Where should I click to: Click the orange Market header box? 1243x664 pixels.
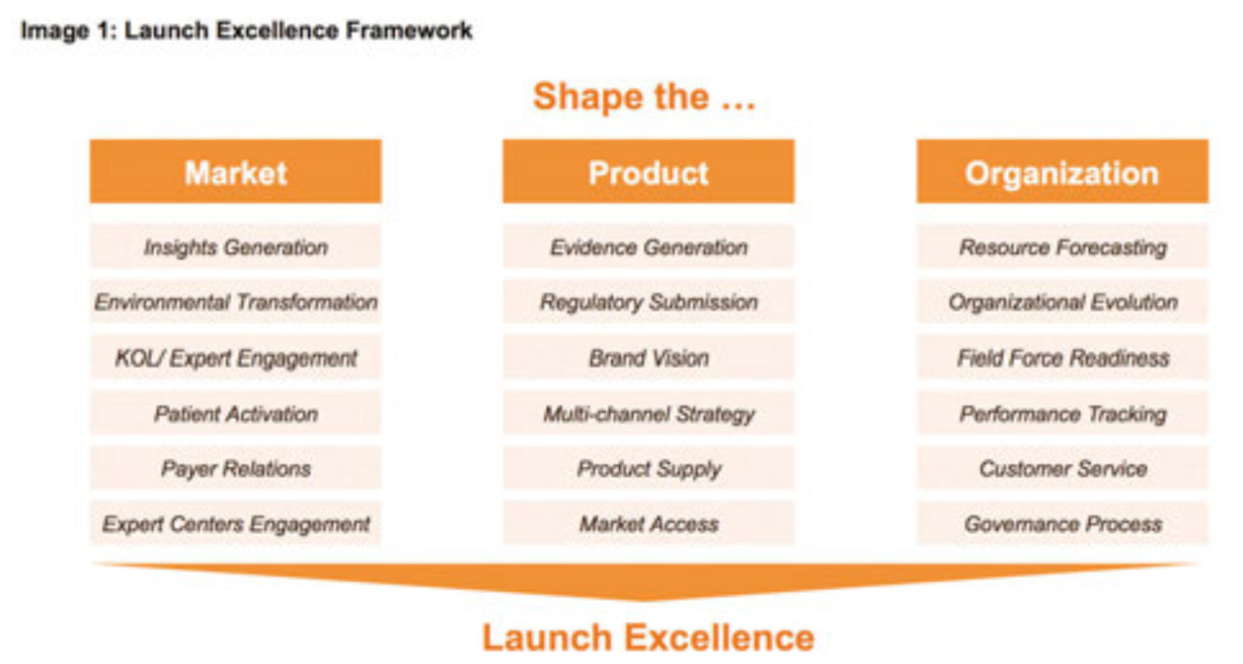pyautogui.click(x=235, y=172)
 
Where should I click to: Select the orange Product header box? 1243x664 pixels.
pyautogui.click(x=648, y=172)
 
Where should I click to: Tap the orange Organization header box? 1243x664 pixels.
pyautogui.click(x=1062, y=172)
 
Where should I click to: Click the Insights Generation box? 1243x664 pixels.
pyautogui.click(x=235, y=246)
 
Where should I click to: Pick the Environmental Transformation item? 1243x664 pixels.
pyautogui.click(x=235, y=301)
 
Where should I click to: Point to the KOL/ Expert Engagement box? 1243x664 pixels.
pyautogui.click(x=235, y=357)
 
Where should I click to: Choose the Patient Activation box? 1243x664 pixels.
pyautogui.click(x=235, y=413)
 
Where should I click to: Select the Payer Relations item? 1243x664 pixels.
pyautogui.click(x=235, y=468)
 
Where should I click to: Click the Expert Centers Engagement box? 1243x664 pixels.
pyautogui.click(x=235, y=523)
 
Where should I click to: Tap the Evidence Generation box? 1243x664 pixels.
pyautogui.click(x=648, y=246)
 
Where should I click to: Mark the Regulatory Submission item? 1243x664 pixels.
pyautogui.click(x=648, y=301)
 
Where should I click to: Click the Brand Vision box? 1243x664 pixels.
pyautogui.click(x=648, y=357)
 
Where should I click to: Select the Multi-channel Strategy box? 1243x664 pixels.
pyautogui.click(x=648, y=413)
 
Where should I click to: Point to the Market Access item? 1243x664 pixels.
pyautogui.click(x=648, y=523)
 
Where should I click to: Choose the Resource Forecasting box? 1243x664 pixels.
pyautogui.click(x=1062, y=246)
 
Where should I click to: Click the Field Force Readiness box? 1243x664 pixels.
pyautogui.click(x=1062, y=357)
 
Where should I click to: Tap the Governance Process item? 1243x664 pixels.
pyautogui.click(x=1062, y=523)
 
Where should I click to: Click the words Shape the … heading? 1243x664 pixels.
pyautogui.click(x=644, y=97)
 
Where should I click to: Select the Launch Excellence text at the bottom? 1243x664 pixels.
pyautogui.click(x=648, y=637)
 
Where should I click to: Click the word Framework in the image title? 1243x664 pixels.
pyautogui.click(x=409, y=31)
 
